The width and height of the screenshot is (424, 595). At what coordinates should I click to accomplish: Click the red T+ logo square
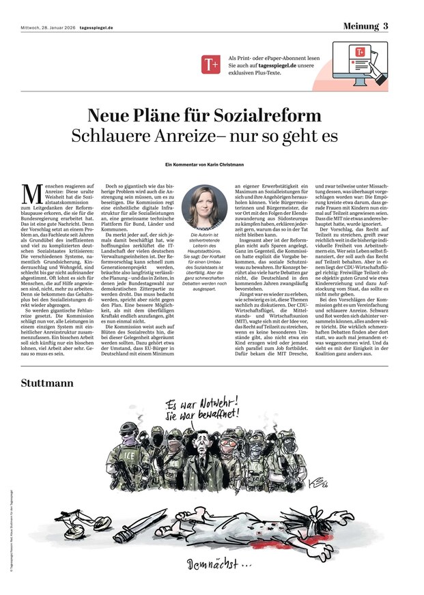pos(210,65)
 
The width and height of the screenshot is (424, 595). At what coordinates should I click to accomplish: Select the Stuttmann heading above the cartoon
pos(47,383)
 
